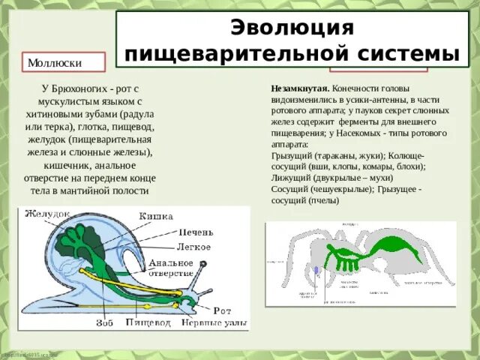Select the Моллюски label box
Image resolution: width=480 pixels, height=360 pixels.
coord(55,62)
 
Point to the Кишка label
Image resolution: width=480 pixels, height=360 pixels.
coord(156,216)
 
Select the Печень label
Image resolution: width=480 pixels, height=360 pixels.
coord(197,232)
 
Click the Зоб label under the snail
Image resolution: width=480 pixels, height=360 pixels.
coord(104,323)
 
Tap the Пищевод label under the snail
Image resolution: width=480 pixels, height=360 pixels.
coord(149,323)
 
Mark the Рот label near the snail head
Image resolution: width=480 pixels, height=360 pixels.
coord(221,309)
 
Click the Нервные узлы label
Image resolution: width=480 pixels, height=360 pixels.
coord(213,323)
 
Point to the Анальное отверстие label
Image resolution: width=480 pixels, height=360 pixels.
coord(170,268)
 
